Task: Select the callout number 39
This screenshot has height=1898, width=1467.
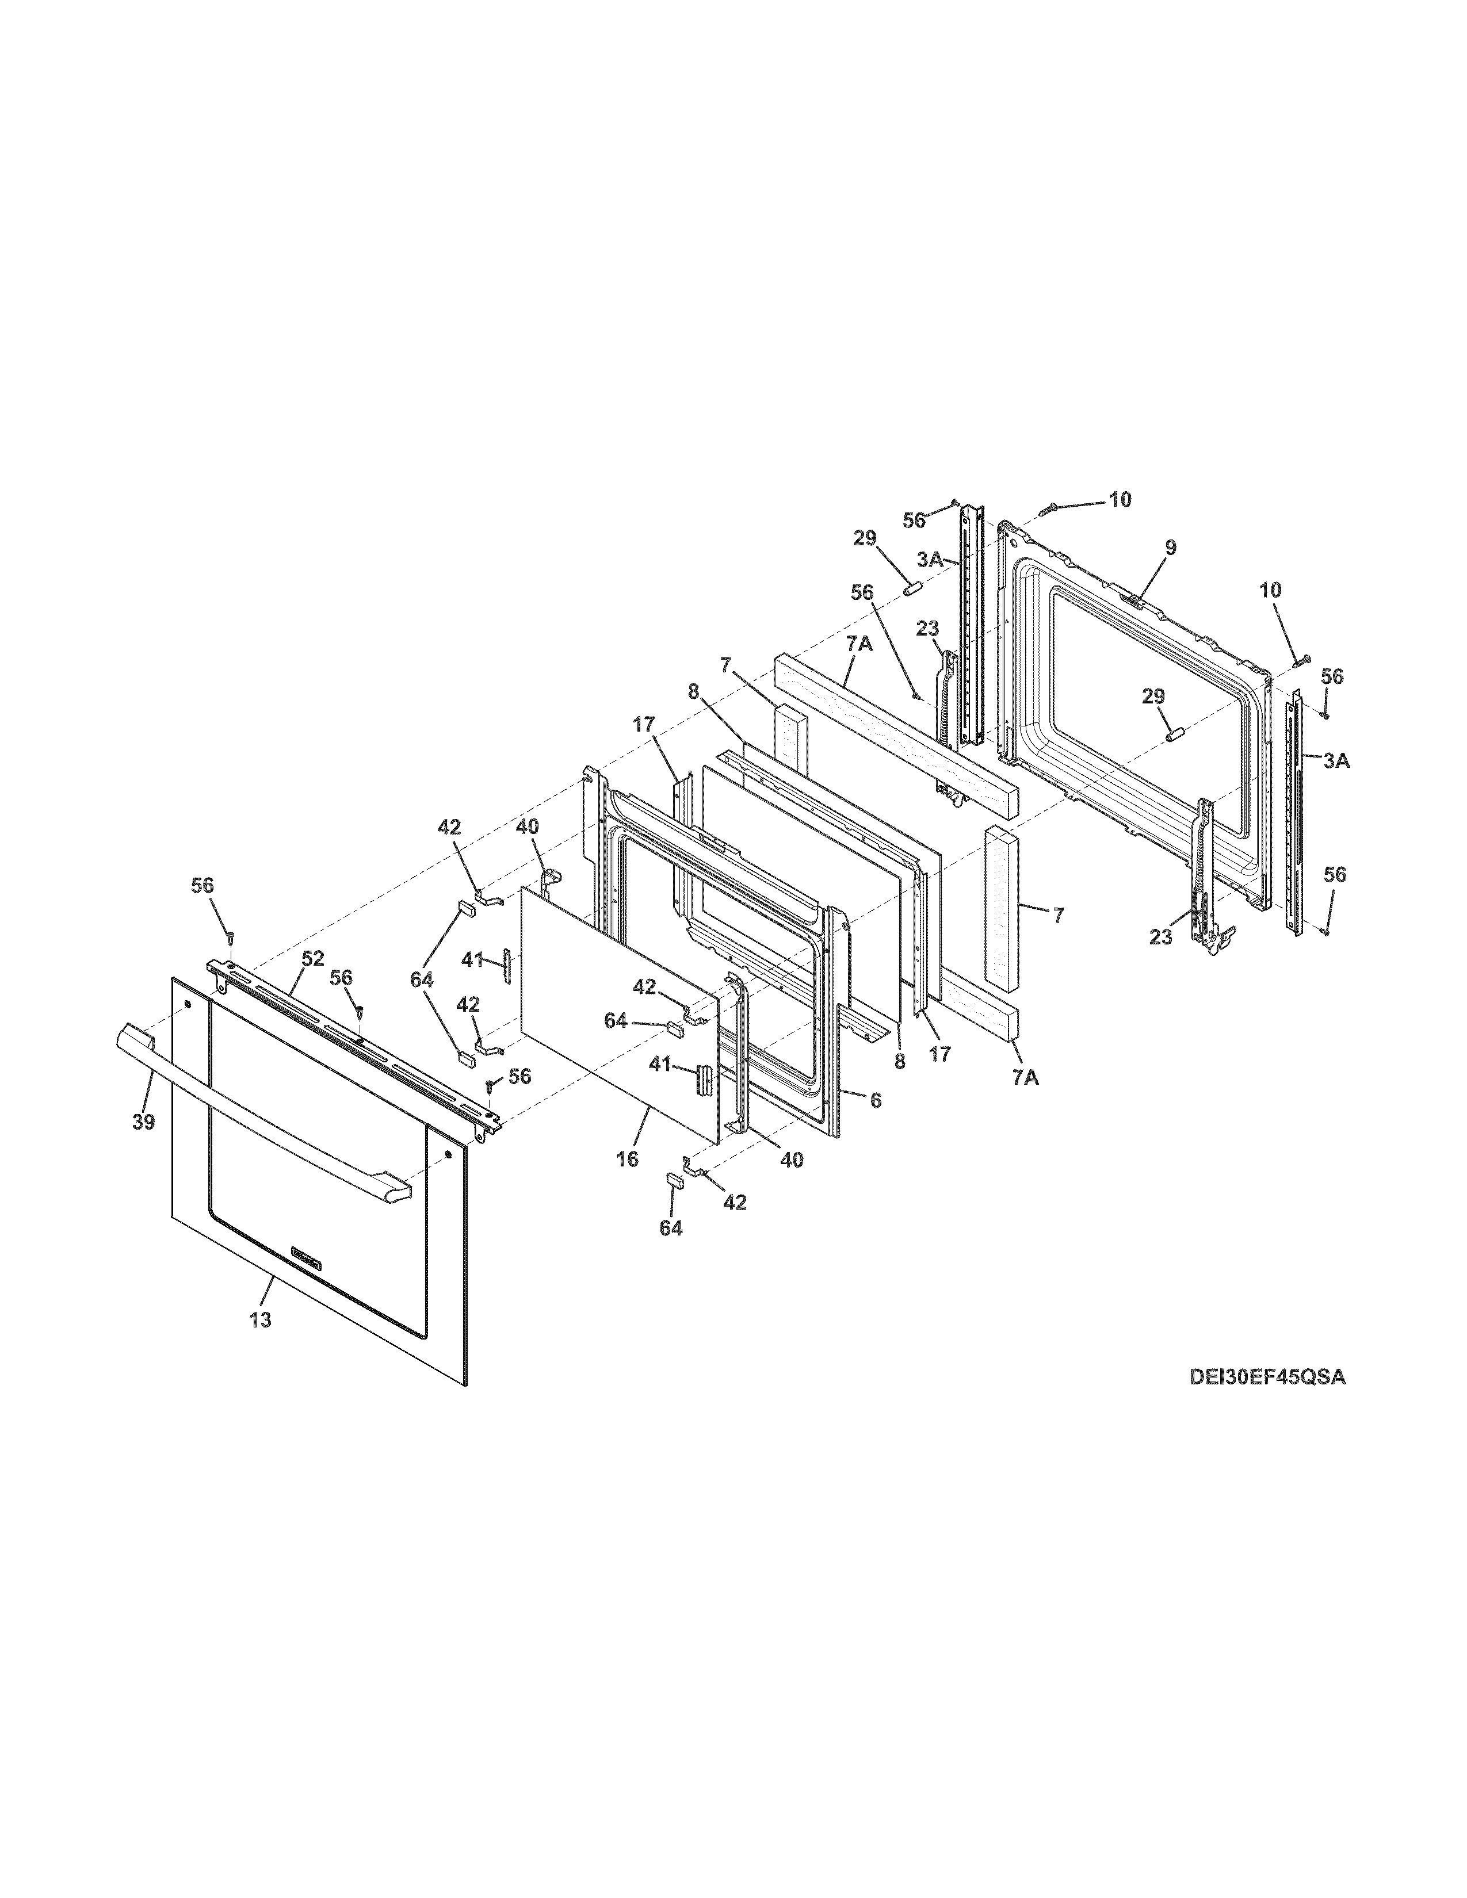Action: coord(143,1122)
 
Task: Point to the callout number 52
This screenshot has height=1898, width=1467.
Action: coord(313,959)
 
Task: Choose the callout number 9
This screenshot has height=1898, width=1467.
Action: coord(1171,548)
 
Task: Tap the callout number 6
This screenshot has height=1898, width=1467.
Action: coord(875,1100)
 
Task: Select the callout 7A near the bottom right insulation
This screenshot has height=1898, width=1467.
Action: coord(1025,1078)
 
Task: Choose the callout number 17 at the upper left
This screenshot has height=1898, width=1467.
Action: coord(644,725)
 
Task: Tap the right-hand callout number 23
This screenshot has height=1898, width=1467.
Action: coord(1161,937)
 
